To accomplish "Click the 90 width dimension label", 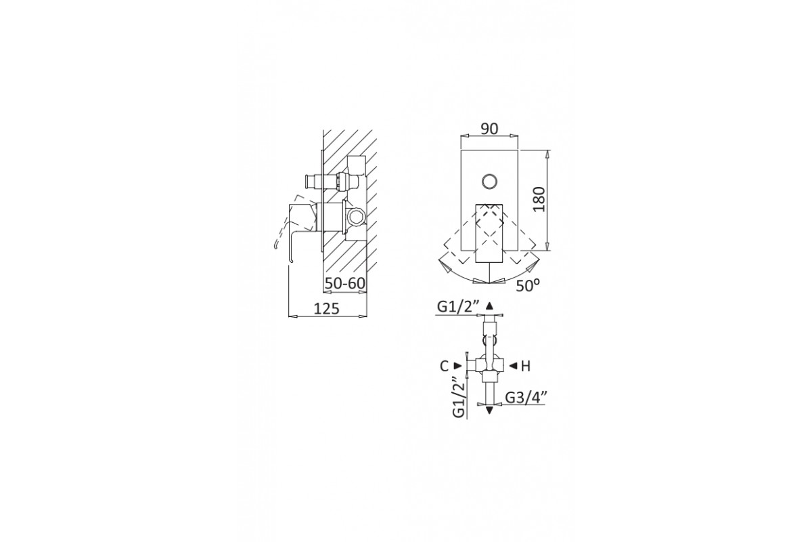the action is point(489,129).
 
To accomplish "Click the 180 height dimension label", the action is point(539,199).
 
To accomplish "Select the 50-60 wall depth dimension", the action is point(344,283).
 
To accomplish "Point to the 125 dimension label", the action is point(326,308).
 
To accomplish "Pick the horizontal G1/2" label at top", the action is point(458,307).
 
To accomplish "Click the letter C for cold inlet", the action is point(444,367).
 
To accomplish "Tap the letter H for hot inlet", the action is point(526,367).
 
